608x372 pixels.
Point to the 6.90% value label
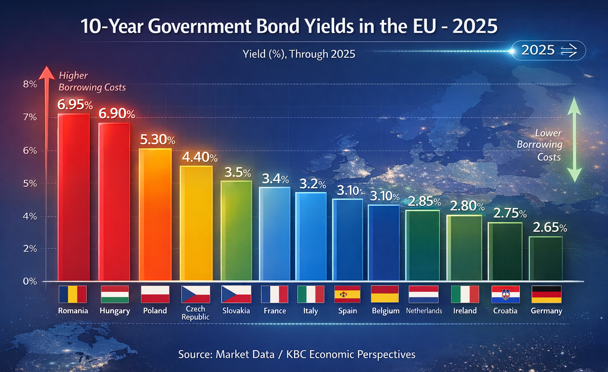pyautogui.click(x=116, y=114)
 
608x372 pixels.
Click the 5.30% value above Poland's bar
pyautogui.click(x=157, y=139)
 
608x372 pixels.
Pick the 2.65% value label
pyautogui.click(x=550, y=227)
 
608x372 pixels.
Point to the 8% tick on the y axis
pyautogui.click(x=30, y=84)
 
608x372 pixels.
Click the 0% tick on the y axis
pyautogui.click(x=30, y=281)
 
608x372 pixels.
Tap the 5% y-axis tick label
pyautogui.click(x=30, y=183)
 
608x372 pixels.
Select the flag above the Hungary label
pyautogui.click(x=115, y=294)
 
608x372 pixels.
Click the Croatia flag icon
pyautogui.click(x=505, y=294)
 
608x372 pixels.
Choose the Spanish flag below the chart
pyautogui.click(x=347, y=294)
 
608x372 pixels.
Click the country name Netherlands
pyautogui.click(x=424, y=311)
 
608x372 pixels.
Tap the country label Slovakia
pyautogui.click(x=236, y=311)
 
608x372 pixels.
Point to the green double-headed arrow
pyautogui.click(x=574, y=139)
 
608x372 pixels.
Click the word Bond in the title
pyautogui.click(x=278, y=27)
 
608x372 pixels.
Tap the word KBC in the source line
pyautogui.click(x=296, y=354)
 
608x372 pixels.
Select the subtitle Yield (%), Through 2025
pyautogui.click(x=299, y=54)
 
